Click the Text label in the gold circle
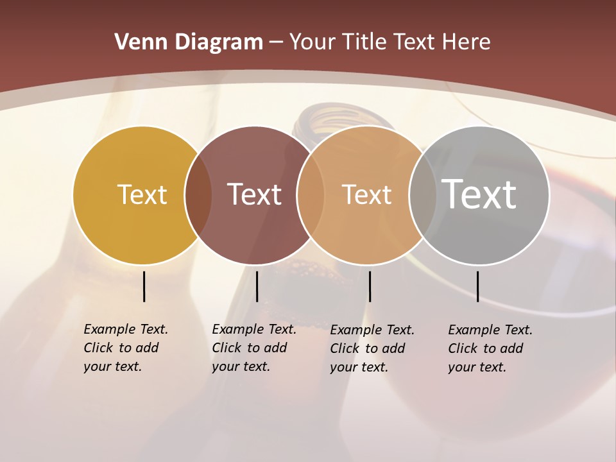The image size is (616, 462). (142, 194)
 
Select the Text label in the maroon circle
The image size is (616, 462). (255, 194)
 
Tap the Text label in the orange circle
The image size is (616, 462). (366, 194)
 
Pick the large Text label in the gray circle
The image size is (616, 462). (479, 194)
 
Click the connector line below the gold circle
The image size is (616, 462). (144, 286)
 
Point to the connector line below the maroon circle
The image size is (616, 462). (257, 286)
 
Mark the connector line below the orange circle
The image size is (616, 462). (370, 286)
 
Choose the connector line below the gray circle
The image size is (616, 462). (477, 286)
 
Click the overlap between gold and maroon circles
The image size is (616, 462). (198, 194)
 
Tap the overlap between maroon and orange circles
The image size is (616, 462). (310, 194)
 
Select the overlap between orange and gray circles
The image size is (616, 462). (422, 194)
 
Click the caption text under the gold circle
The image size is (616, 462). (125, 348)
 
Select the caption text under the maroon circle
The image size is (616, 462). (253, 348)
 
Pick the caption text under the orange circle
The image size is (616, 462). (372, 348)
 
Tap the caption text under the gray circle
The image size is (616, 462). (490, 348)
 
